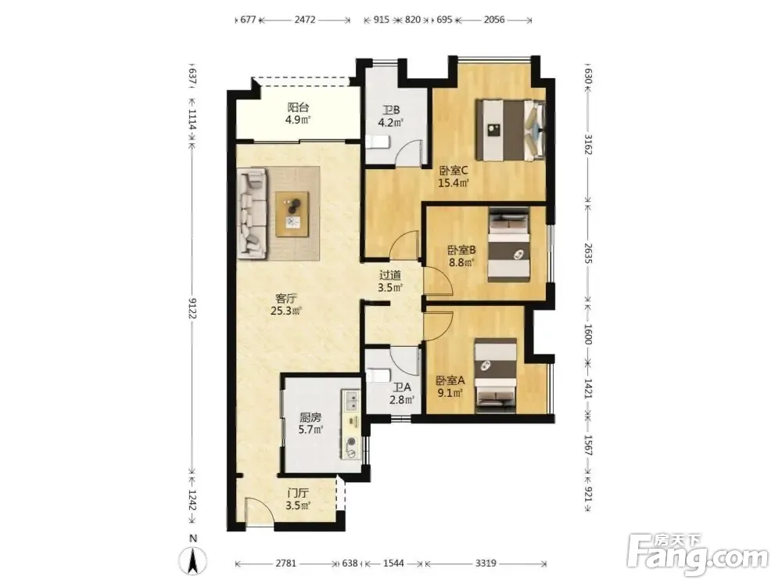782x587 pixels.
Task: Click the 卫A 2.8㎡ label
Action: (402, 394)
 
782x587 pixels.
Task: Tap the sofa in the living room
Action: (252, 213)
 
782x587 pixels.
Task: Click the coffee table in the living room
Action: (292, 214)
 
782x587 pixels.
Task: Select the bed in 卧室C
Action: (510, 130)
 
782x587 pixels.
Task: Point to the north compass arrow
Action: (193, 561)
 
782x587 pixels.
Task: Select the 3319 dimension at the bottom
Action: (486, 564)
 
